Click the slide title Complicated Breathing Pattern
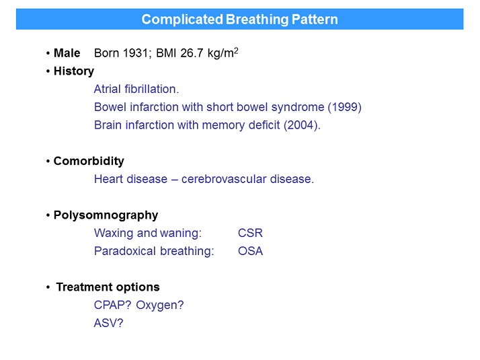click(239, 20)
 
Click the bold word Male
click(67, 53)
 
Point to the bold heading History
click(74, 71)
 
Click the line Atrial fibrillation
click(136, 89)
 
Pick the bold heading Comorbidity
click(89, 161)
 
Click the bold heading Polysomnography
click(106, 215)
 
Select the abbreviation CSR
click(250, 233)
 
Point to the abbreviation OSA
click(250, 252)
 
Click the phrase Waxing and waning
click(147, 233)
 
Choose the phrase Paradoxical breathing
click(154, 252)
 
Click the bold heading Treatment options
click(108, 287)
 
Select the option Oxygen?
click(160, 305)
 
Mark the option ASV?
click(109, 324)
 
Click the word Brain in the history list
click(108, 125)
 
